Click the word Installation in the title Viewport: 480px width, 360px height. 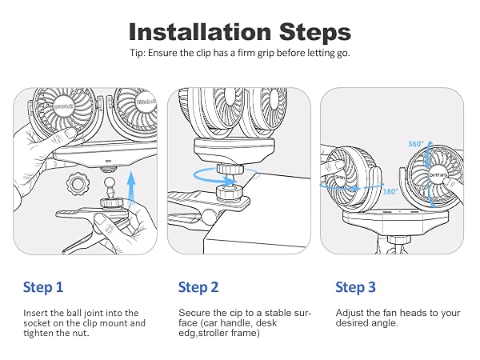[x=200, y=31]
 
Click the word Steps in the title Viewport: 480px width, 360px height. [x=315, y=32]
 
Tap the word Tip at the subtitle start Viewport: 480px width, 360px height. [x=136, y=53]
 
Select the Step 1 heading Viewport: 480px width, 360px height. [x=43, y=287]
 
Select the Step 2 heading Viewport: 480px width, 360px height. [x=198, y=287]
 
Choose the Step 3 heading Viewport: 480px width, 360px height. [x=355, y=287]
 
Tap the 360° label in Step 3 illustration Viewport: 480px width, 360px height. [x=416, y=143]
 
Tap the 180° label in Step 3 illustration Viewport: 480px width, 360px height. [x=390, y=192]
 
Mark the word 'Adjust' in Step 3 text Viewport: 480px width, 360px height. [x=350, y=314]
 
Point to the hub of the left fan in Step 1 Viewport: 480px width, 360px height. [x=64, y=107]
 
